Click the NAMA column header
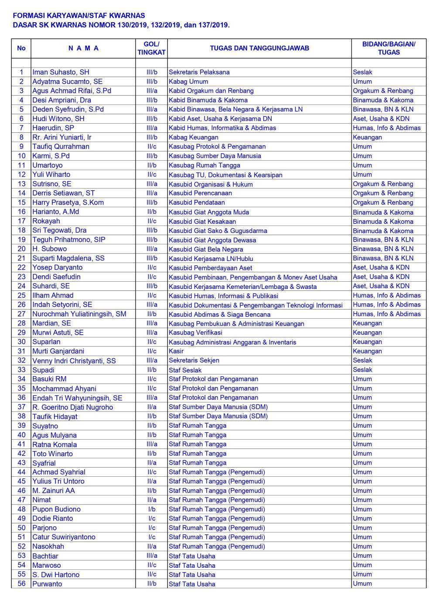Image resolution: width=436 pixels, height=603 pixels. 83,48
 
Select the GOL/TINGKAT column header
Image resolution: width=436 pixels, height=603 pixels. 151,48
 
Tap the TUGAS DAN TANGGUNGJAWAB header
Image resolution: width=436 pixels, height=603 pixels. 259,48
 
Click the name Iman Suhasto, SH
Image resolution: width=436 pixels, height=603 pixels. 61,72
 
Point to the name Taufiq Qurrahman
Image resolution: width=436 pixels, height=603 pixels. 61,147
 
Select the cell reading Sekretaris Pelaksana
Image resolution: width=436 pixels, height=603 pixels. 199,72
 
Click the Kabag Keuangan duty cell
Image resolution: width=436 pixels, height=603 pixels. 193,137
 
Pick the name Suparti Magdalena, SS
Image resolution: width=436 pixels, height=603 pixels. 68,258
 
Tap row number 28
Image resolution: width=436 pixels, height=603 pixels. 21,323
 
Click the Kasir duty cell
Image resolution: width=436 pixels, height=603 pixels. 176,351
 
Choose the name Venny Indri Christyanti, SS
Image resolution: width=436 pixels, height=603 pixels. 74,360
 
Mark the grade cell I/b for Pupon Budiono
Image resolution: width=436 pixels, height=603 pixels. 151,509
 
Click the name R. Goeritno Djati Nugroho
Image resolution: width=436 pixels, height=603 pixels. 72,407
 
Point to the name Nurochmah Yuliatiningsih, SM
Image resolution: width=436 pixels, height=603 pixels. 79,314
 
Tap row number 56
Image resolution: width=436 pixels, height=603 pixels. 21,583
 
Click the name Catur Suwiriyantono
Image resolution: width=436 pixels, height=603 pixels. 64,537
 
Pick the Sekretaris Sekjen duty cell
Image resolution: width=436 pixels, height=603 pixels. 194,360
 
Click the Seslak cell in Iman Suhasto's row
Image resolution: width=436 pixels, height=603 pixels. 362,72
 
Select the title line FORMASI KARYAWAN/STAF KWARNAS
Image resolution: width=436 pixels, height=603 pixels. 79,16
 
